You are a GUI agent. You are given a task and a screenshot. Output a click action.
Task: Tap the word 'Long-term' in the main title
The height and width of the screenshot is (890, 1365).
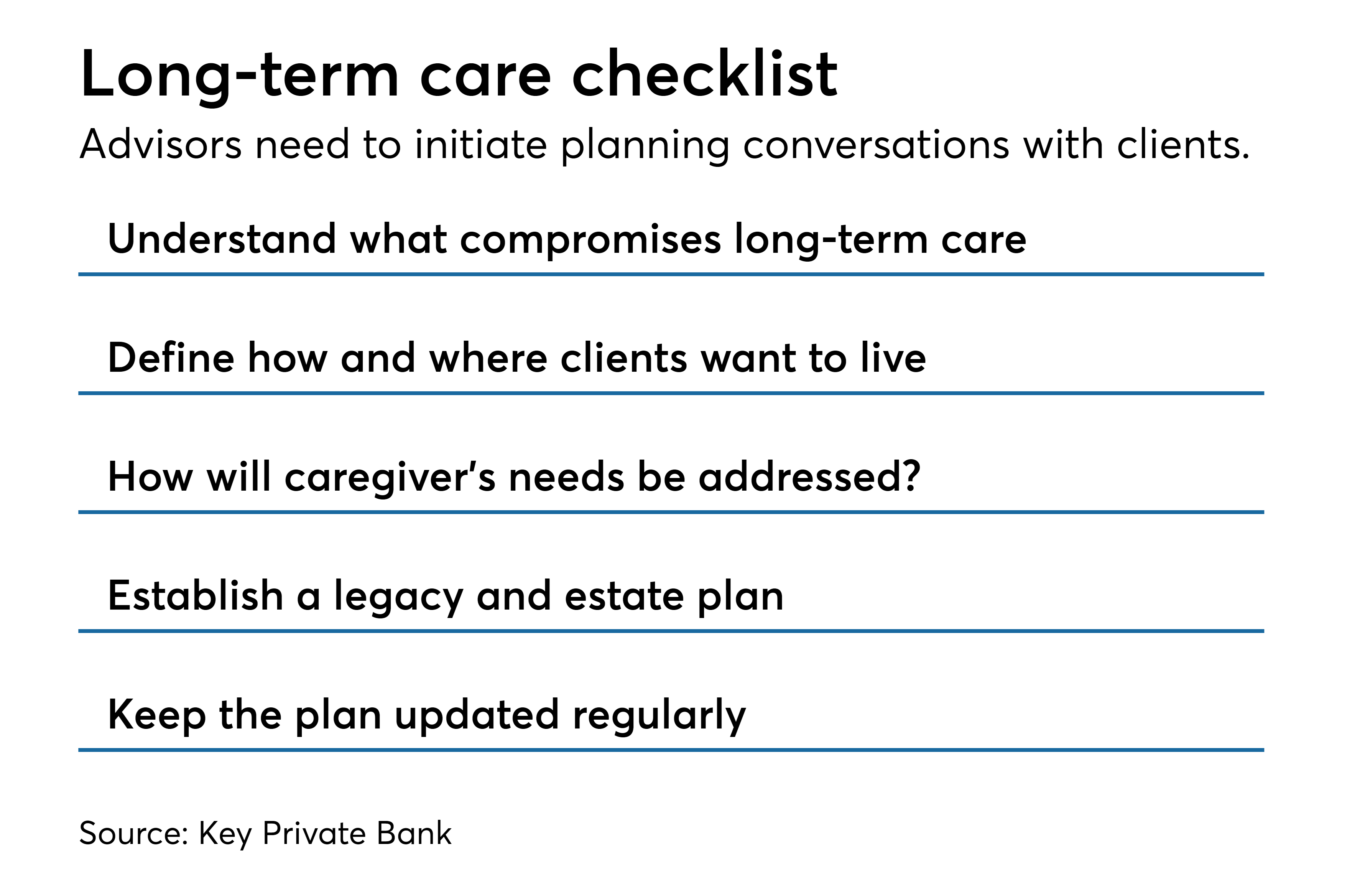240,78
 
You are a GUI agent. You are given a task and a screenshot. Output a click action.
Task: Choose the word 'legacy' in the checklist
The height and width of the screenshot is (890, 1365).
399,598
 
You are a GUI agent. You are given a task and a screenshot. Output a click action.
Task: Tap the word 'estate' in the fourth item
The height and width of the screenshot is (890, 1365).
625,597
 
